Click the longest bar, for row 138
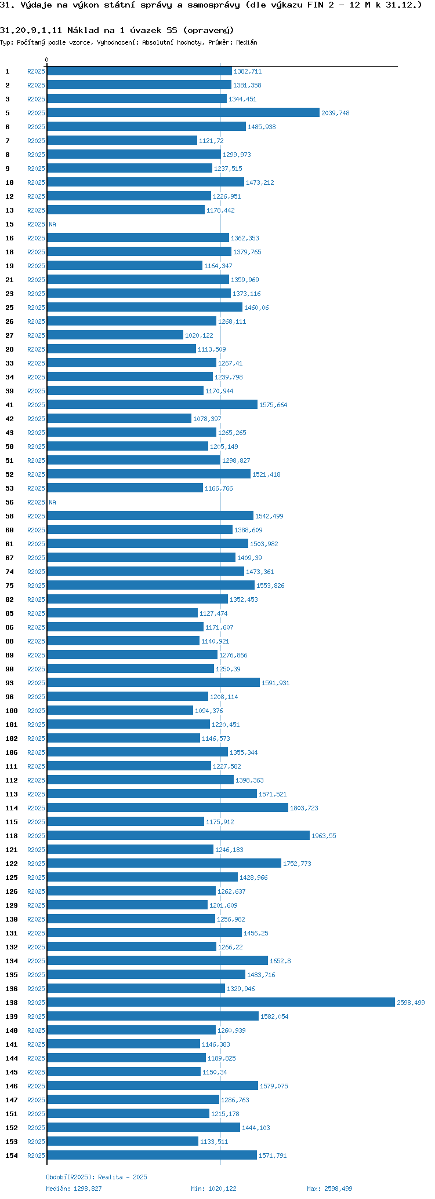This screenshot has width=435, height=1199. (220, 1003)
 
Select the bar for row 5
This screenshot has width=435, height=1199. (183, 113)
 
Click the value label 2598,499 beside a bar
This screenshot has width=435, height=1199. (411, 1003)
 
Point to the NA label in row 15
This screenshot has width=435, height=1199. (52, 224)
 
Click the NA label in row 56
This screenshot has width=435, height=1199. (52, 502)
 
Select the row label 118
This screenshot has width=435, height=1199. (12, 836)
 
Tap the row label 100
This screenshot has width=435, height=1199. (12, 711)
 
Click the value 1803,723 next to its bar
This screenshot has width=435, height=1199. (304, 808)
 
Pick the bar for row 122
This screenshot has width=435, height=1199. (164, 864)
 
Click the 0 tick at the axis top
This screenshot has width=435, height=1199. (47, 60)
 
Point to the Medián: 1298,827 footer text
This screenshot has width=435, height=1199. (74, 1189)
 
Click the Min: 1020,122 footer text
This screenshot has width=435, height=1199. (213, 1189)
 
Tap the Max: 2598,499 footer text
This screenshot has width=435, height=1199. (329, 1189)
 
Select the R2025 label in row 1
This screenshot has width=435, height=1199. (36, 71)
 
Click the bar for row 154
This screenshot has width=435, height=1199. (152, 1156)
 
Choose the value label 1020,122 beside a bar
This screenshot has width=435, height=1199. (199, 335)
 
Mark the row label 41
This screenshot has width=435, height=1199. (9, 405)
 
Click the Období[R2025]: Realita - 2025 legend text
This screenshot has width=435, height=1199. (96, 1177)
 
